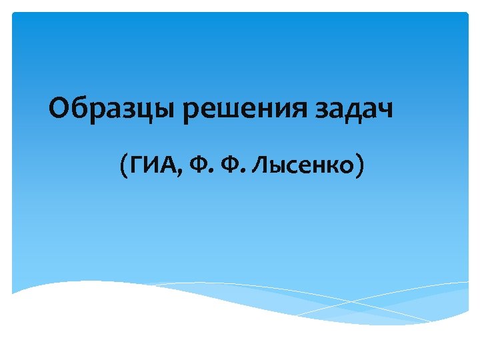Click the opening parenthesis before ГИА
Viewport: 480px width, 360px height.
[x=125, y=165]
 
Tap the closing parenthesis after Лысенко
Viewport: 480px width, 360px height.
[x=360, y=165]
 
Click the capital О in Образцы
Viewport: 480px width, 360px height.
[x=59, y=107]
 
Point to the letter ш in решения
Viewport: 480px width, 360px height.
[x=229, y=109]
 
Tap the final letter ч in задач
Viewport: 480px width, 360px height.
[x=385, y=109]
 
